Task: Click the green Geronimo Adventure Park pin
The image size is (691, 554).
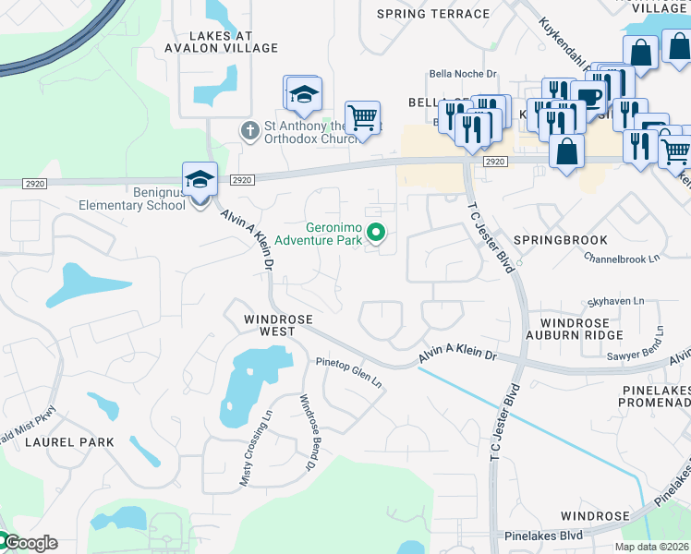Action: (375, 233)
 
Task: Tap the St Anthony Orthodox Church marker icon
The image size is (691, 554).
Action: (249, 131)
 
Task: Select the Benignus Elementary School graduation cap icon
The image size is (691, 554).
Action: (200, 179)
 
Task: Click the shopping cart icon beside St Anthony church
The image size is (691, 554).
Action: (363, 118)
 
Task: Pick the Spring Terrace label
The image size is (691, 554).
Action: (433, 14)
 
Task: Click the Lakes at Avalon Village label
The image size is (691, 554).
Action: (221, 41)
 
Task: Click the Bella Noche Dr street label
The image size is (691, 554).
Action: (463, 75)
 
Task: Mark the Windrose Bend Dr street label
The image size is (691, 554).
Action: (308, 432)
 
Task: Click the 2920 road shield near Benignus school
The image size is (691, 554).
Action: (242, 180)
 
